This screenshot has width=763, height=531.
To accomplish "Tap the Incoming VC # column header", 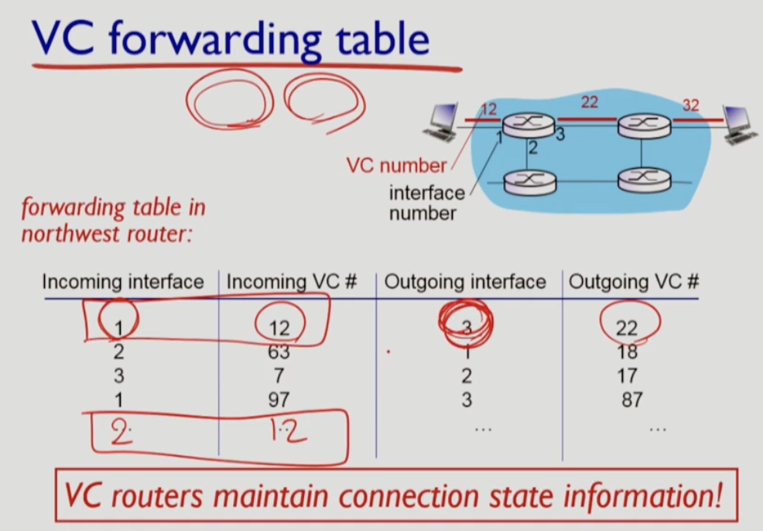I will click(x=291, y=283).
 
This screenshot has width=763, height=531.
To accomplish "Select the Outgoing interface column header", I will click(x=465, y=283).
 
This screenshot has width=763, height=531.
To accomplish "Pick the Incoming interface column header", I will click(x=123, y=283).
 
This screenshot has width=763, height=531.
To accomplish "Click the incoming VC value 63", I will click(x=279, y=352).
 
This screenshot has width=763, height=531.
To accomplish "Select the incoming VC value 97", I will click(x=279, y=400).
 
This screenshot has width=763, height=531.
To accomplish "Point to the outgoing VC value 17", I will click(x=628, y=376).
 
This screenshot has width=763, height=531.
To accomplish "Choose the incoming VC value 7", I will click(x=279, y=376).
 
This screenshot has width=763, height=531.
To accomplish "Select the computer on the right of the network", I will click(x=737, y=124).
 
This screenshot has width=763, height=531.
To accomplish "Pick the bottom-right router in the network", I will click(x=643, y=181).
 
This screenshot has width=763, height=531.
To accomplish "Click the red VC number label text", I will click(x=396, y=165).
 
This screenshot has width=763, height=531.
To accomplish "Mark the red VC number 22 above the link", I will click(x=590, y=102).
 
